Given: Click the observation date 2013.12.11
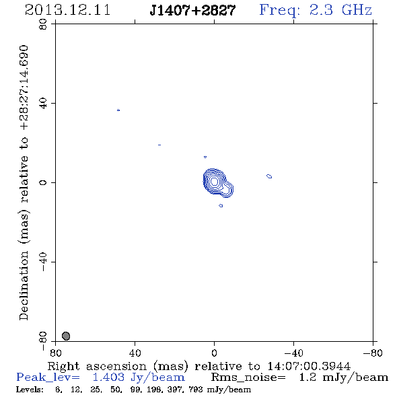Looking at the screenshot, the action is (x=67, y=10).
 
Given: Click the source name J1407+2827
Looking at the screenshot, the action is (x=192, y=10).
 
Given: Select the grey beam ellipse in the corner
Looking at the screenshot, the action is (x=66, y=336).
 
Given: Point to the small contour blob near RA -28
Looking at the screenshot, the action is (x=269, y=176).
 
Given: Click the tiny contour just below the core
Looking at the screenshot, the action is (x=221, y=206).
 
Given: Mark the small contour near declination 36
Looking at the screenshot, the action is (x=118, y=110).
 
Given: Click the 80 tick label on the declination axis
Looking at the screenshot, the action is (x=43, y=24).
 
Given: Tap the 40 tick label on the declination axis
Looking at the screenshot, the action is (x=43, y=104).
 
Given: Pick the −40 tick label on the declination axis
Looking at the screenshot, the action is (x=43, y=262).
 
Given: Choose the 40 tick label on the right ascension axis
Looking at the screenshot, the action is (x=135, y=353).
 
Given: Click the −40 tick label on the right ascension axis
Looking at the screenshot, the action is (x=293, y=353).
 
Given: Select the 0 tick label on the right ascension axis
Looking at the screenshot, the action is (x=214, y=353).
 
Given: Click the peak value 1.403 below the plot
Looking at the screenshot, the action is (x=108, y=377).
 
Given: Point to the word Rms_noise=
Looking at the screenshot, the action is (x=248, y=377).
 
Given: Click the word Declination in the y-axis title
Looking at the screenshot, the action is (x=24, y=285).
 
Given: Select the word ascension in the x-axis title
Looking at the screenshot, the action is (x=116, y=366).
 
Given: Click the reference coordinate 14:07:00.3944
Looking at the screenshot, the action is (x=309, y=366).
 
